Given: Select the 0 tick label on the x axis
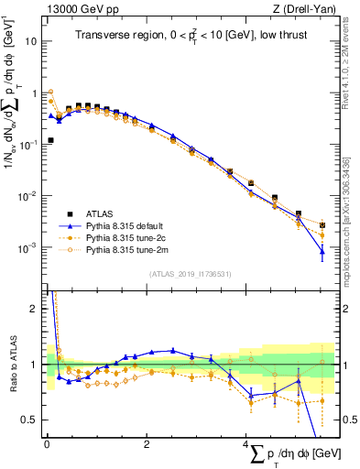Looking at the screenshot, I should coord(47,444).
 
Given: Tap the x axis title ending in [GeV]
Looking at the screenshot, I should coord(287,455).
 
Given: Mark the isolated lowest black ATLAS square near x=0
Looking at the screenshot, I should coord(50,140).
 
